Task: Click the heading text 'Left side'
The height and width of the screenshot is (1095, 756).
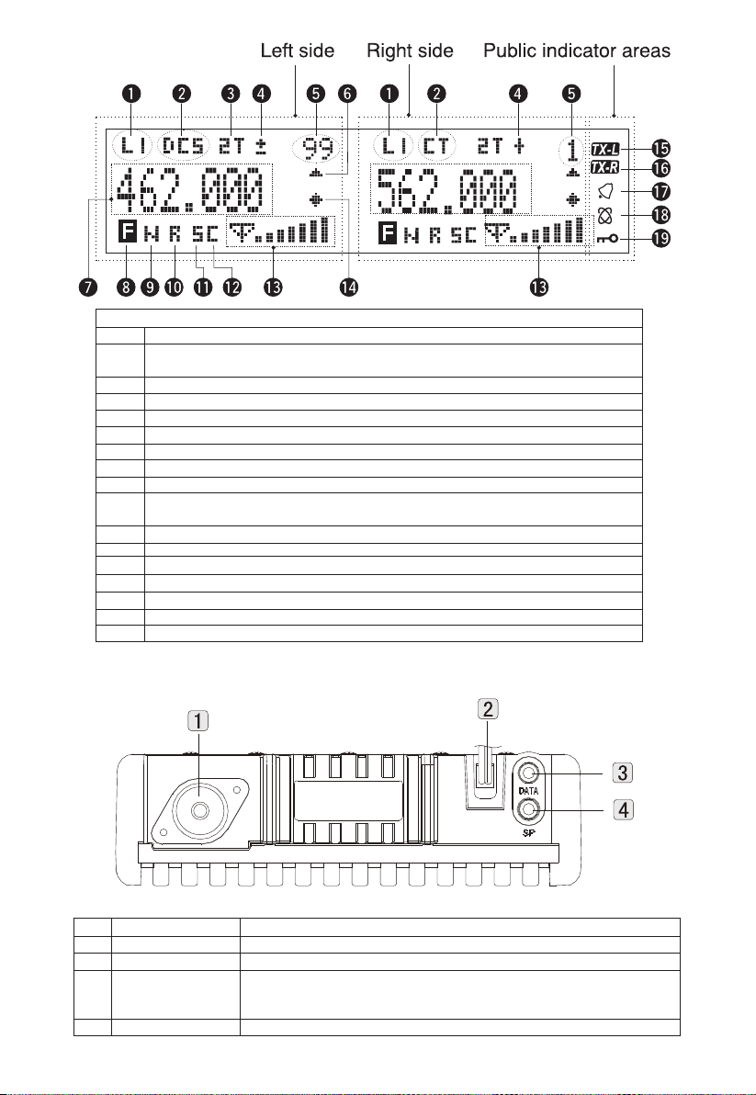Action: click(298, 51)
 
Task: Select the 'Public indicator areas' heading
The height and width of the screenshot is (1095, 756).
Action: click(577, 51)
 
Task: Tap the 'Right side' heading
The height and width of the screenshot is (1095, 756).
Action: click(410, 51)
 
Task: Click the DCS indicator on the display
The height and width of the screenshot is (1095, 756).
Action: click(185, 146)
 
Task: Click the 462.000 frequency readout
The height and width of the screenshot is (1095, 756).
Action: click(190, 190)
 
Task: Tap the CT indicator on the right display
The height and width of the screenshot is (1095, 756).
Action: click(436, 146)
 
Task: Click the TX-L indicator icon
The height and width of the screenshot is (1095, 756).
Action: click(604, 149)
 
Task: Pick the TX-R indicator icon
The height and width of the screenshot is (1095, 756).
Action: click(604, 168)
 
